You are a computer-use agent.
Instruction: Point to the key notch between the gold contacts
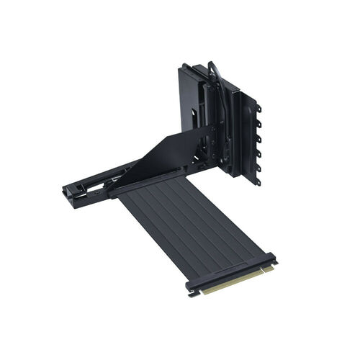261,272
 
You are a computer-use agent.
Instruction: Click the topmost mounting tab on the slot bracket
258,109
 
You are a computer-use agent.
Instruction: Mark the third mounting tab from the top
258,138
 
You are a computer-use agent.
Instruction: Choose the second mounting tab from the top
258,123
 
